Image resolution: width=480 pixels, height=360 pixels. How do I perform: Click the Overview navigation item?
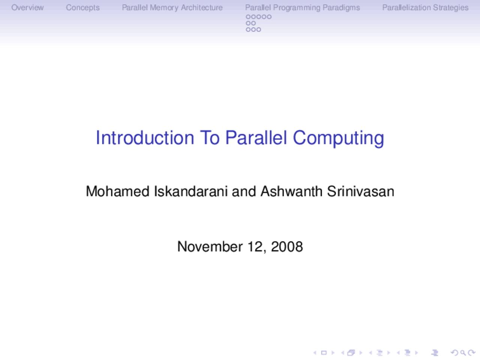(27, 7)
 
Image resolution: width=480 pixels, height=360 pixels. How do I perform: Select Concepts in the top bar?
(83, 7)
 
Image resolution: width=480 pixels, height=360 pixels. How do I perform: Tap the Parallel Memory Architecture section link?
(172, 7)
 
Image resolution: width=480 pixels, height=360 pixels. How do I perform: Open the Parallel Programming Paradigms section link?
(302, 7)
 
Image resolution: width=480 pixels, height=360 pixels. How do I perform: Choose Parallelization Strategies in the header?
(425, 7)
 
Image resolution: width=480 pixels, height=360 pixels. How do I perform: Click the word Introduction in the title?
(145, 138)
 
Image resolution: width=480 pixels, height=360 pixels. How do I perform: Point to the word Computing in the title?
(338, 138)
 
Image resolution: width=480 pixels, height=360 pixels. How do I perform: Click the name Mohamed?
(117, 191)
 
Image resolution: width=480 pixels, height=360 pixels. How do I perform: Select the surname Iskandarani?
(190, 191)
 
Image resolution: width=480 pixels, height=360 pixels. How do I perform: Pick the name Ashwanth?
(291, 191)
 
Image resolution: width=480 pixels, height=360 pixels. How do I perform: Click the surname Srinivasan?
(360, 191)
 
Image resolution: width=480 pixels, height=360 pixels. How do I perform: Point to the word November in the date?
(210, 246)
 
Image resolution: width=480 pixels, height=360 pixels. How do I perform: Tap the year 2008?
(286, 246)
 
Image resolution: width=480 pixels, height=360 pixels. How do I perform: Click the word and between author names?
(244, 191)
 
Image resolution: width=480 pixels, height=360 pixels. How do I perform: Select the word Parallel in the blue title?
(256, 138)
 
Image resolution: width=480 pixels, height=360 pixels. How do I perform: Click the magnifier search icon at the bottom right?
(463, 352)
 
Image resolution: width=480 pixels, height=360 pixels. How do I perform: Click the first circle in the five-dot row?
(248, 17)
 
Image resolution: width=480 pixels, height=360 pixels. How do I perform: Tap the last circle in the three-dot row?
(259, 30)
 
